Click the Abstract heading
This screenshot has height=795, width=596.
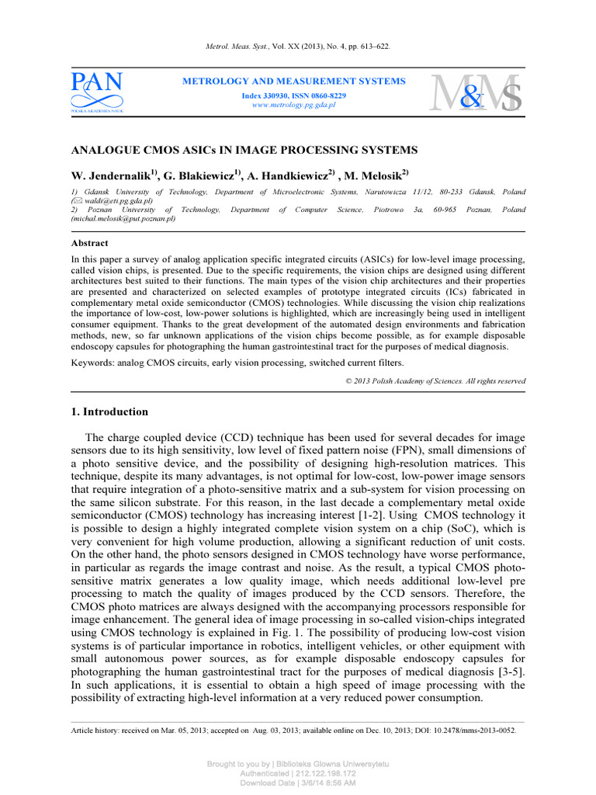pos(89,242)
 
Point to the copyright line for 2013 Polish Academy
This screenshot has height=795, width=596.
pos(435,381)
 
